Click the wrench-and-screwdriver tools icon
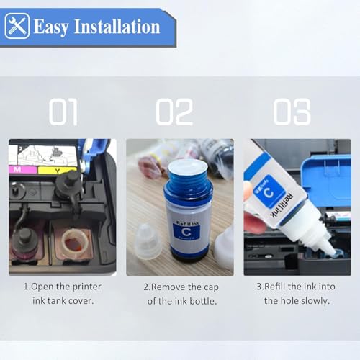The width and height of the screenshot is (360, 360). (x=17, y=26)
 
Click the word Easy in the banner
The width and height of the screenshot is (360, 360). (x=51, y=27)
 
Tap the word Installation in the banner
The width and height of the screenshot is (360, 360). (x=117, y=26)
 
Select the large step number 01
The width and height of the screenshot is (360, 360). (x=63, y=112)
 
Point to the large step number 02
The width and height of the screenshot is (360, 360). (x=174, y=112)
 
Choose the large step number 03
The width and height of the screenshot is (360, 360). (x=292, y=112)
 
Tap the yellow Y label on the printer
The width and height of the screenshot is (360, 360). (x=58, y=171)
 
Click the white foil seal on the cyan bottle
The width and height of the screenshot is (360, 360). (x=188, y=166)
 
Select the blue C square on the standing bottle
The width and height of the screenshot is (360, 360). (x=186, y=231)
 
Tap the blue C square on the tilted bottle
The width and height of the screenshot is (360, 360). (x=269, y=192)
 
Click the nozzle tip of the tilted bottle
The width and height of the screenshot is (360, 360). (x=333, y=252)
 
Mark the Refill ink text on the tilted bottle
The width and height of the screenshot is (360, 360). (x=282, y=205)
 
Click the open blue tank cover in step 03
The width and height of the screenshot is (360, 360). (x=326, y=181)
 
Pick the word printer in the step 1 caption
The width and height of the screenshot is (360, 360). (x=86, y=287)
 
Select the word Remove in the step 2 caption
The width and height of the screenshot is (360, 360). (x=168, y=287)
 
